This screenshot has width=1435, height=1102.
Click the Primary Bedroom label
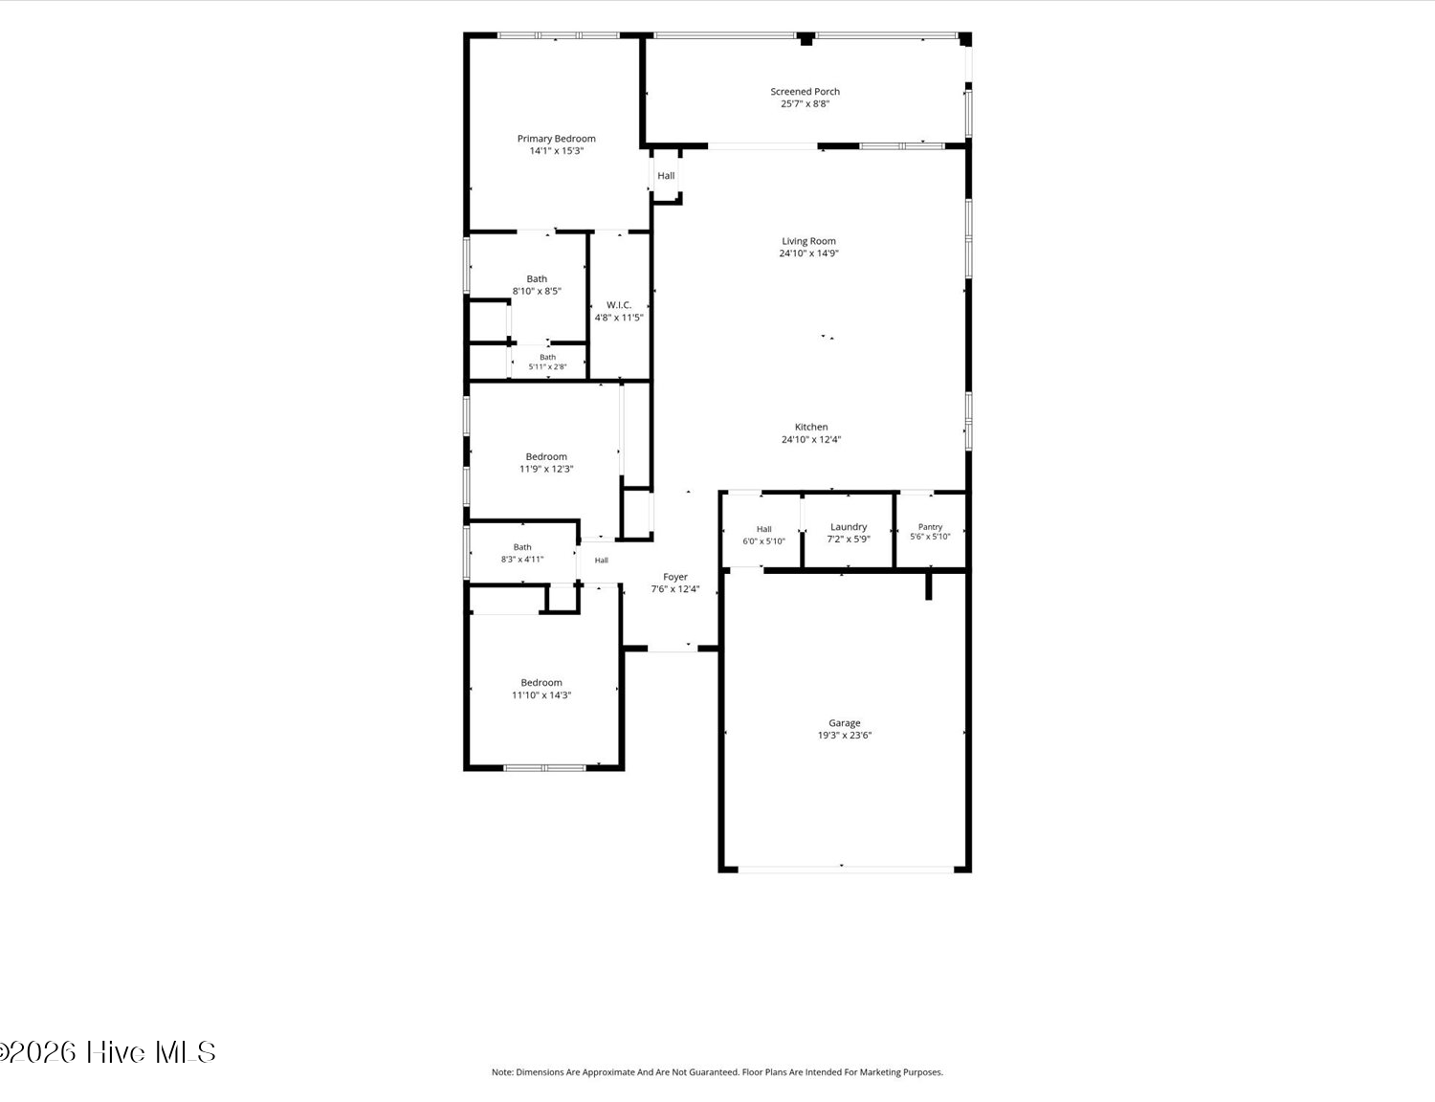tap(556, 139)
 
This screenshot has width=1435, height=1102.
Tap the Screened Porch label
tap(805, 92)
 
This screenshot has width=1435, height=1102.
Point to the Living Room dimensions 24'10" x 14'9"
tap(809, 253)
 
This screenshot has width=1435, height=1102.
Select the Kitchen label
tap(811, 428)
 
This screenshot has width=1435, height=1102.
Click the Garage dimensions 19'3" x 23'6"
tap(845, 735)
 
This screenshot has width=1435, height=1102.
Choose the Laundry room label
tap(849, 527)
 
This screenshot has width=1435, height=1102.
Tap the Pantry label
tap(930, 527)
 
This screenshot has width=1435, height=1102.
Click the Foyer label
tap(674, 577)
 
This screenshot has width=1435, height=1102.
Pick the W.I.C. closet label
tap(619, 305)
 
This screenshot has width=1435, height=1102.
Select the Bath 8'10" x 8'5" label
tap(537, 284)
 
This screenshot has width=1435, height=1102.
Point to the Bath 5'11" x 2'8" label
tap(547, 362)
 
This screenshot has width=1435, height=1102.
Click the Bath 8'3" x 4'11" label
tap(522, 553)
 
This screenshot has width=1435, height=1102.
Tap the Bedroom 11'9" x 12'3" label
tap(546, 462)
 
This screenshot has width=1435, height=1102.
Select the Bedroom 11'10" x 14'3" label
tap(541, 689)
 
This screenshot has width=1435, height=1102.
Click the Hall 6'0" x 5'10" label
tap(764, 535)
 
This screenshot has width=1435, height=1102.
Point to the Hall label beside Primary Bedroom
tap(666, 176)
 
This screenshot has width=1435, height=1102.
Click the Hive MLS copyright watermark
tap(108, 1053)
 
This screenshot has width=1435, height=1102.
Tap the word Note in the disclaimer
tap(501, 1072)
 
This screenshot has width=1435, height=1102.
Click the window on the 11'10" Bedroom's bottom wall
tap(544, 768)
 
